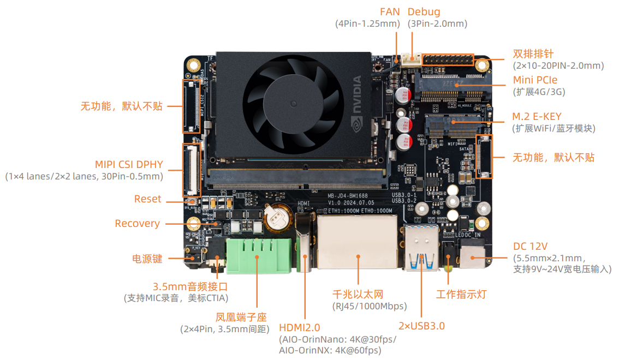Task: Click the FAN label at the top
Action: [390, 11]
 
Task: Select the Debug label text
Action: [424, 11]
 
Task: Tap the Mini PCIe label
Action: [535, 80]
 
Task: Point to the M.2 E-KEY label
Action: [537, 116]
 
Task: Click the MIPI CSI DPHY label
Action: [129, 164]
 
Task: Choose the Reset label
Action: [147, 199]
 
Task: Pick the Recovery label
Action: [137, 223]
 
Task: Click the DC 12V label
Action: [530, 245]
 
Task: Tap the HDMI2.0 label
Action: [299, 327]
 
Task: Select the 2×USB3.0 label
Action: [421, 326]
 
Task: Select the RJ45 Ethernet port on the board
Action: [358, 242]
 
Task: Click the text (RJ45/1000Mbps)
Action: [369, 306]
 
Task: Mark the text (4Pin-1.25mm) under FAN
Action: [367, 24]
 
